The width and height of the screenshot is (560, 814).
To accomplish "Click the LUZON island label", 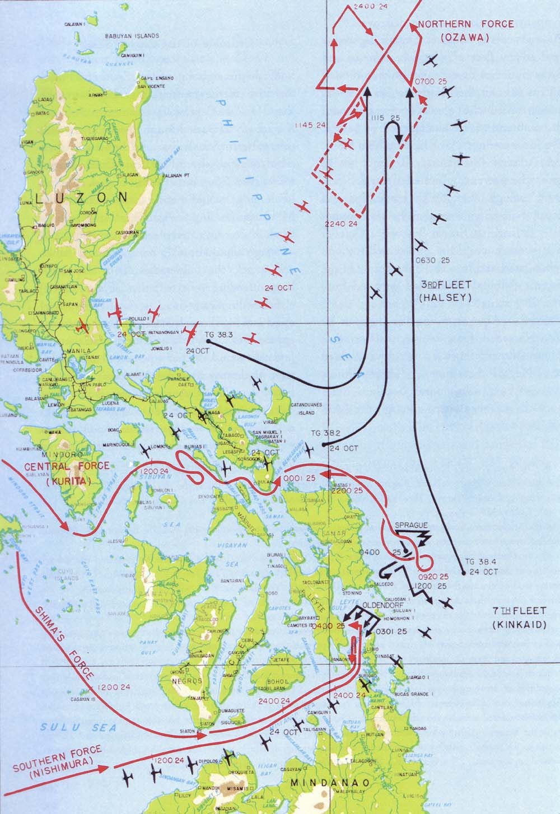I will point(81,197).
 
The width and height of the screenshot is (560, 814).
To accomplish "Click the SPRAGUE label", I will point(412,525).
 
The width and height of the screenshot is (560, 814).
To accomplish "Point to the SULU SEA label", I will point(78,727).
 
